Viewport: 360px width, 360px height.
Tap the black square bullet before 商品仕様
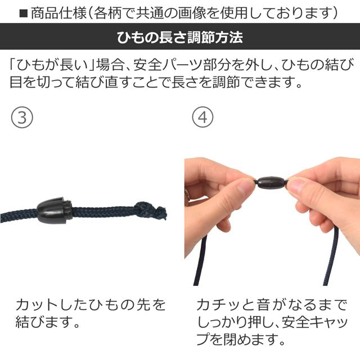pyautogui.click(x=23, y=12)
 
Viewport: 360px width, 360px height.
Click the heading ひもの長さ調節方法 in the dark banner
pyautogui.click(x=180, y=38)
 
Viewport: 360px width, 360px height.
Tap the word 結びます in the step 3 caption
pyautogui.click(x=49, y=323)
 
